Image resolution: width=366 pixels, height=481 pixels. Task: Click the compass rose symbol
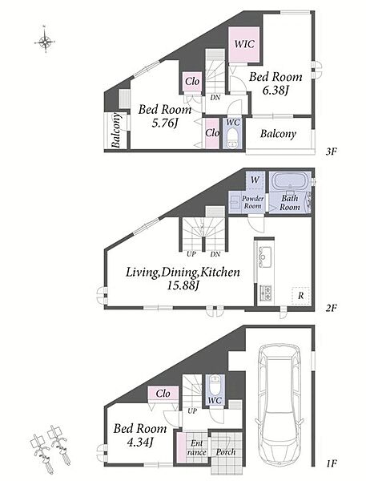pyautogui.click(x=45, y=41)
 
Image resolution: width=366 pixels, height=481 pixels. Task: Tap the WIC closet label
pyautogui.click(x=244, y=44)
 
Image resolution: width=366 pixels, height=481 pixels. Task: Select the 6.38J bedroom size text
pyautogui.click(x=276, y=91)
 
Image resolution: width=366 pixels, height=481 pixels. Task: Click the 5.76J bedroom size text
pyautogui.click(x=165, y=123)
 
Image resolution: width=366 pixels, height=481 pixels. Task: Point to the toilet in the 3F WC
pyautogui.click(x=233, y=139)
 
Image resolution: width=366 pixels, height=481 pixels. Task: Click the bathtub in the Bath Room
pyautogui.click(x=289, y=182)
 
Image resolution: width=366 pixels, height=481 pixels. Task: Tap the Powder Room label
pyautogui.click(x=252, y=203)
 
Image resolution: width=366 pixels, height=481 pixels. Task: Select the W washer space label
pyautogui.click(x=255, y=180)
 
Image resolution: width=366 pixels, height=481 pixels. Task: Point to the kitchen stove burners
pyautogui.click(x=265, y=293)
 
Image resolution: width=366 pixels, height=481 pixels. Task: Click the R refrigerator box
pyautogui.click(x=300, y=296)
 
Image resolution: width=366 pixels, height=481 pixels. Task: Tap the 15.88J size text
pyautogui.click(x=183, y=286)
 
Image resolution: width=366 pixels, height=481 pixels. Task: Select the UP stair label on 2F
pyautogui.click(x=191, y=254)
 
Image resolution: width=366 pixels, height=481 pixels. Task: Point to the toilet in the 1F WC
pyautogui.click(x=215, y=384)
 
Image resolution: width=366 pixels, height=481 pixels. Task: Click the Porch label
pyautogui.click(x=226, y=452)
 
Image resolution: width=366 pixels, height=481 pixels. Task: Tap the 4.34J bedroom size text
pyautogui.click(x=140, y=442)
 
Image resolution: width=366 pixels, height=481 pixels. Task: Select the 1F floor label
pyautogui.click(x=332, y=463)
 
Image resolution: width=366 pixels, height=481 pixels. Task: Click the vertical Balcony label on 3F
pyautogui.click(x=116, y=130)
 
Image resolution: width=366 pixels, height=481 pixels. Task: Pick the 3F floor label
pyautogui.click(x=332, y=152)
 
